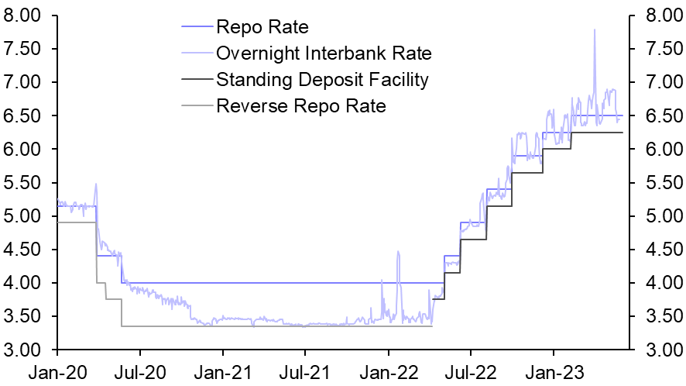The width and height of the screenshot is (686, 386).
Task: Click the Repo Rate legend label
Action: click(x=262, y=28)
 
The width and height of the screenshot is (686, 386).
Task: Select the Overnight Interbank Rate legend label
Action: click(x=324, y=53)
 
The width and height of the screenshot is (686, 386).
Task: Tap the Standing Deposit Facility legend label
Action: click(x=322, y=79)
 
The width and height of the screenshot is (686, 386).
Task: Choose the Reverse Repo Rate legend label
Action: click(x=301, y=105)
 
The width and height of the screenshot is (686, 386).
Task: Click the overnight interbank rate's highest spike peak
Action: click(x=595, y=30)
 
